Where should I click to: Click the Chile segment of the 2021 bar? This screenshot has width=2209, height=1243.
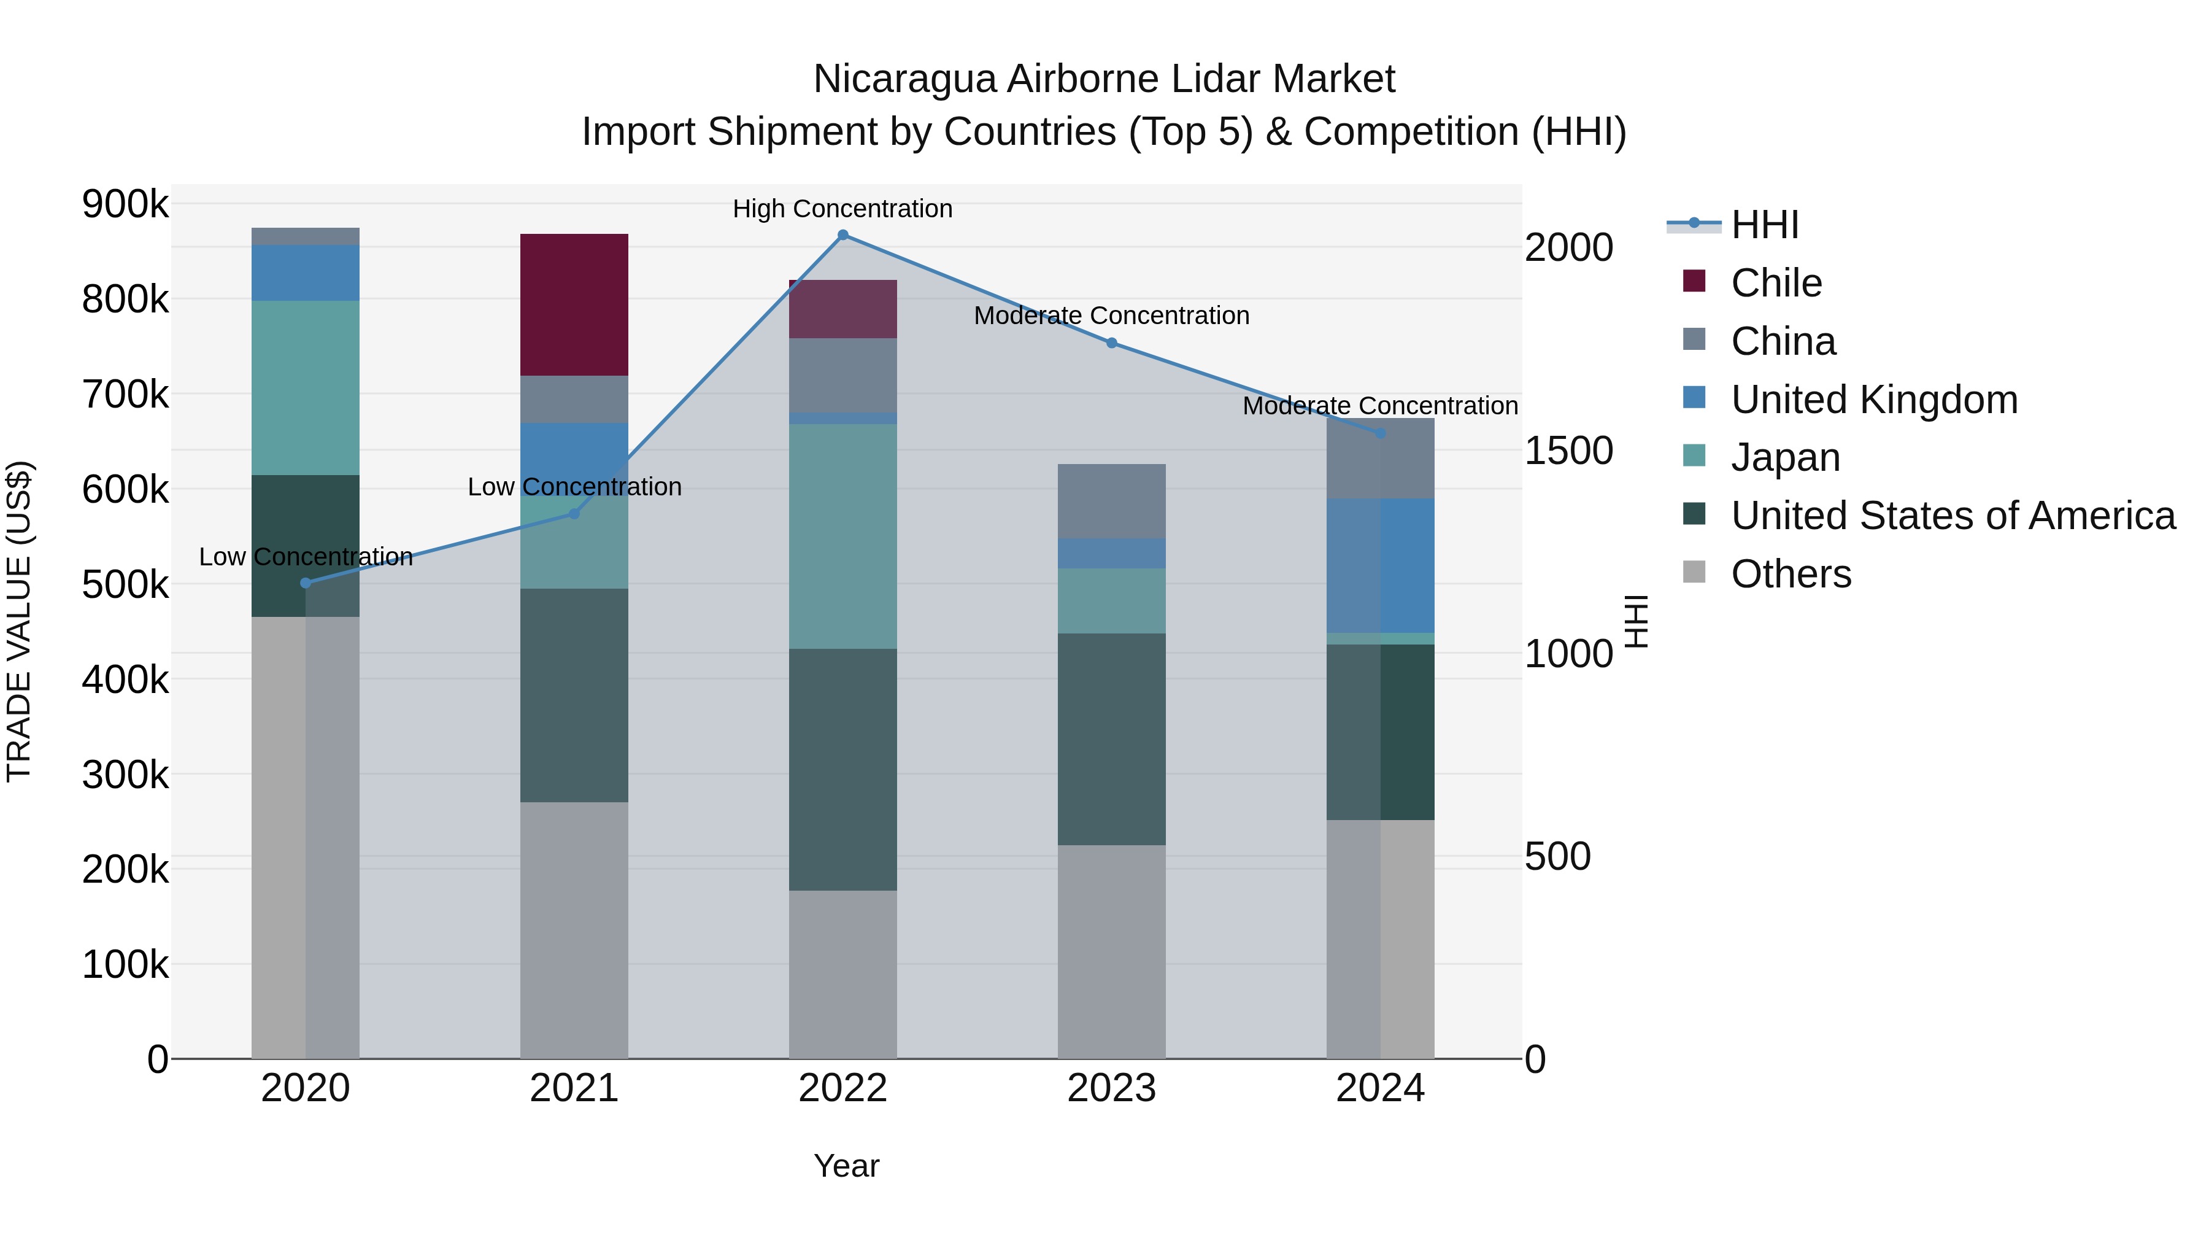tap(574, 304)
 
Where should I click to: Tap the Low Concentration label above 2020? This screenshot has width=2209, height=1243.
tap(306, 557)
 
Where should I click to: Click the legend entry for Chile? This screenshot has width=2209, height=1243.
tap(1776, 283)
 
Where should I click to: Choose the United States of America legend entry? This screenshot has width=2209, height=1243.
tap(1953, 516)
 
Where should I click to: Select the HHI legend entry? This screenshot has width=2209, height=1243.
tap(1765, 225)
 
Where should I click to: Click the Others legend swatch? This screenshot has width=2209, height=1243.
tap(1694, 572)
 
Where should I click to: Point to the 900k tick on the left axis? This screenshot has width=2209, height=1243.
tap(125, 205)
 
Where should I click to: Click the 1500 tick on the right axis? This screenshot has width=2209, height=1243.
tap(1568, 451)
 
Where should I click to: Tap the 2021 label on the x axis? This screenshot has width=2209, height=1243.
tap(574, 1088)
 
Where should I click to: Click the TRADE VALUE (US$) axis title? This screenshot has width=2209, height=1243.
tap(19, 621)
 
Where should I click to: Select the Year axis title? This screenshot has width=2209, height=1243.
tap(846, 1166)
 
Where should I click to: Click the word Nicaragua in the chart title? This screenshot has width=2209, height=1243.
tap(904, 79)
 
